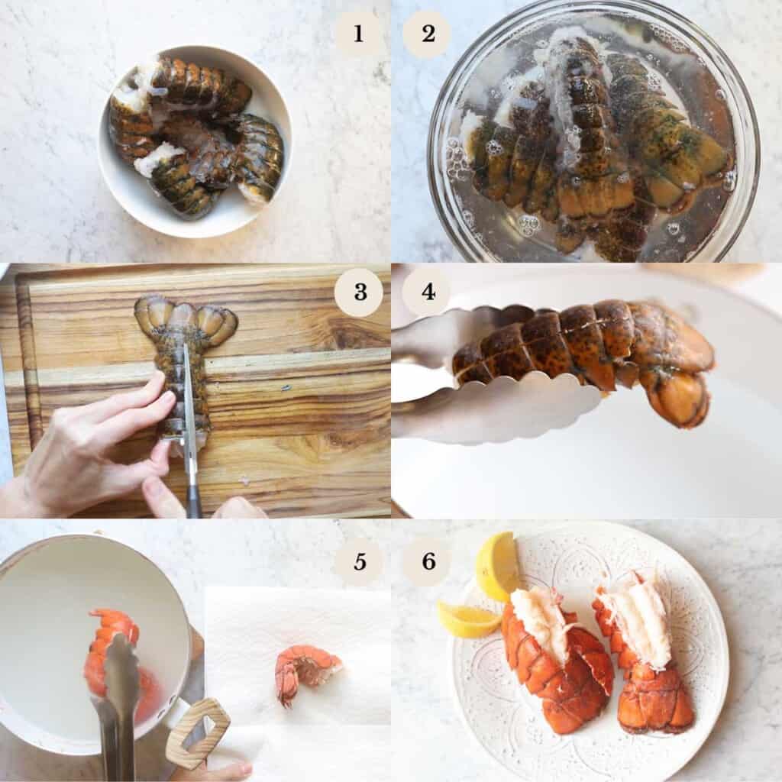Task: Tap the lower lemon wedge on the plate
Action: [x=467, y=619]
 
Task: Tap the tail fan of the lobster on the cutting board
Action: [x=186, y=316]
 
